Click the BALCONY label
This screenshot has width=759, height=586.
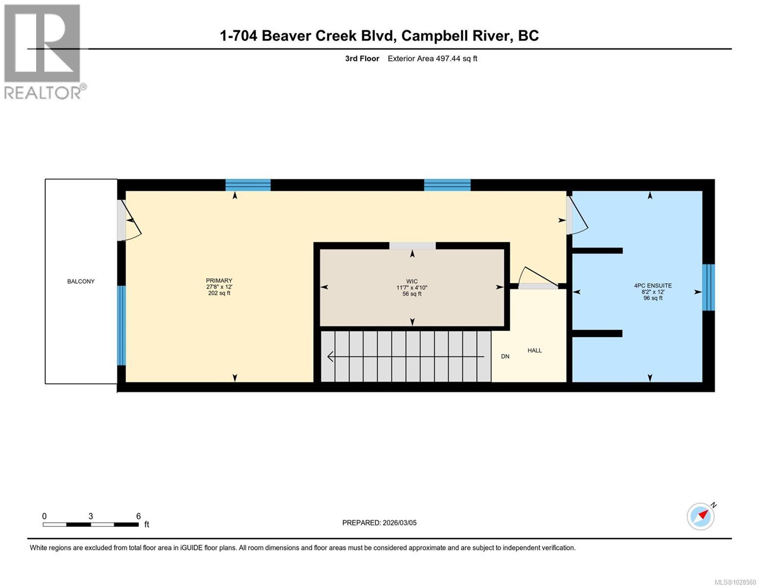(81, 281)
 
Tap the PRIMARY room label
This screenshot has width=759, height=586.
(219, 281)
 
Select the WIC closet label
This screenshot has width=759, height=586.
(412, 281)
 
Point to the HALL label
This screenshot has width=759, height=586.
(534, 351)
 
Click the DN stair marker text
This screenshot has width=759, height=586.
(505, 356)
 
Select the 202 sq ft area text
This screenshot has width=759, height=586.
(219, 293)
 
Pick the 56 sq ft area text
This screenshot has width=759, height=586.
(412, 294)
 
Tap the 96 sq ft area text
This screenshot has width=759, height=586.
(653, 298)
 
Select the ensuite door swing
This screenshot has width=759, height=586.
(578, 215)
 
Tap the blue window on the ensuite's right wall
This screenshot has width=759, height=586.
(708, 288)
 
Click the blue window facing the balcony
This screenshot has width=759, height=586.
(121, 326)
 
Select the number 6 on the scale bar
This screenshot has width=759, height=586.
(138, 516)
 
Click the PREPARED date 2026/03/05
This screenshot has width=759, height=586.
(379, 523)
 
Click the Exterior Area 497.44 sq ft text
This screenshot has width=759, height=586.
(432, 59)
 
